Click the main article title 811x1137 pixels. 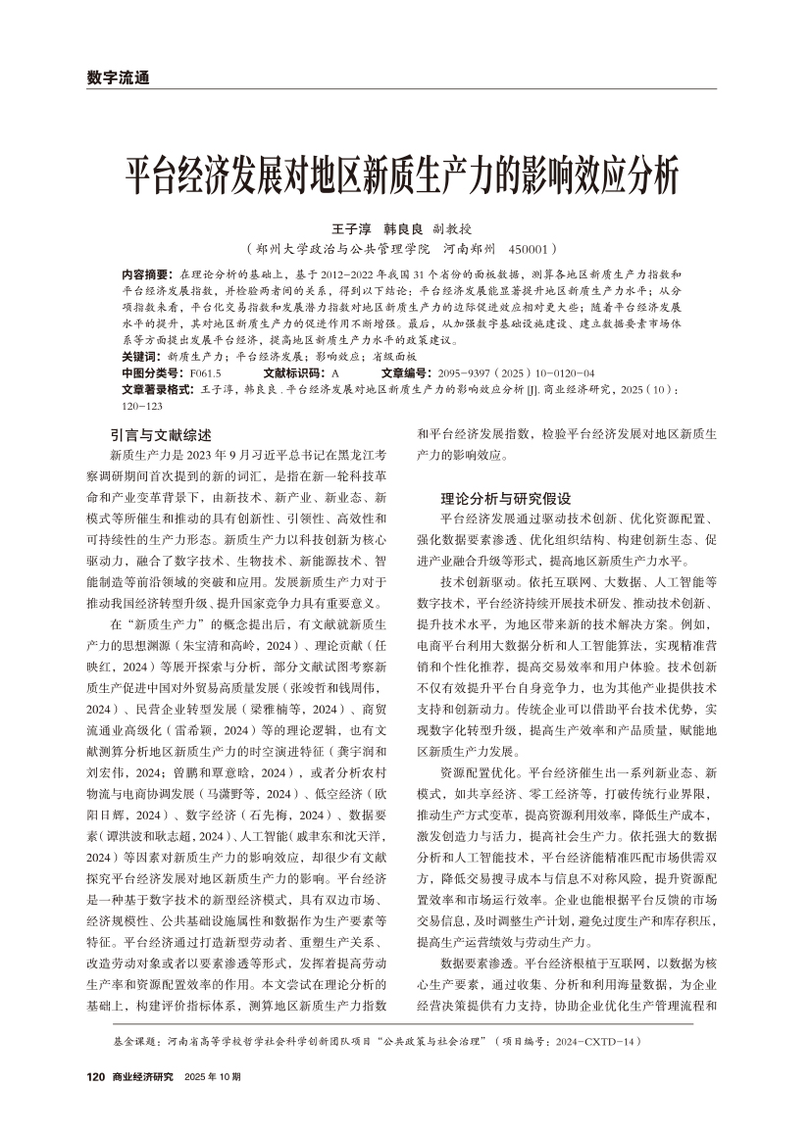coord(405,178)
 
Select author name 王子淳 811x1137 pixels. coord(331,228)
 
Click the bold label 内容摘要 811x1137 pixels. coord(146,273)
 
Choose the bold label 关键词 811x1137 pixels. coord(142,357)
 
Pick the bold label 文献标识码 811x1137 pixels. coord(296,373)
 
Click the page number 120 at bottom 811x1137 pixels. coord(96,1076)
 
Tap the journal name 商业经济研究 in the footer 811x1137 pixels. coord(142,1076)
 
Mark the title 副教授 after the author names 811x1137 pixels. coord(453,228)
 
